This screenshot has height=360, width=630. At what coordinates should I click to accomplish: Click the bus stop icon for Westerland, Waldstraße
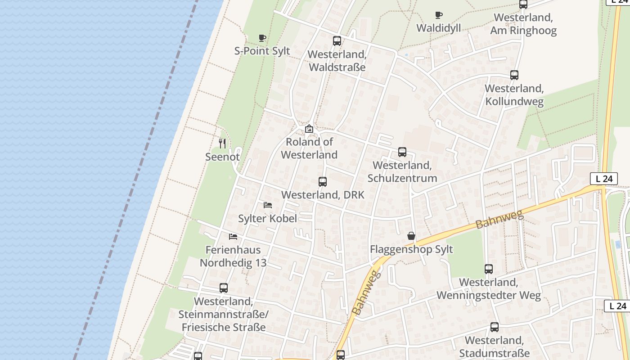point(337,41)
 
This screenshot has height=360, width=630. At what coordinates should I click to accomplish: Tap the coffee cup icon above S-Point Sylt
point(262,38)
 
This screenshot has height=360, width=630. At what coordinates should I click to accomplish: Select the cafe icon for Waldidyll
point(439,15)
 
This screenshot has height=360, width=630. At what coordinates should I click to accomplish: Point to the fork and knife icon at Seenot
point(222,144)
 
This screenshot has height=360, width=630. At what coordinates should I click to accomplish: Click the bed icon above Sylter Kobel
point(268,205)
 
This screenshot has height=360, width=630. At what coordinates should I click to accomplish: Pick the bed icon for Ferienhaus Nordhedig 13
point(233,236)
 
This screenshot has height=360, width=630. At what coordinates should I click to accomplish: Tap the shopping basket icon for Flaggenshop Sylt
point(411,236)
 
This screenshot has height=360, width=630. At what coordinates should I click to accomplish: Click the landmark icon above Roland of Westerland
point(309,129)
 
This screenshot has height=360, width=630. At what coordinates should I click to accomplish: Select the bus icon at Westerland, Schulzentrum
point(402,152)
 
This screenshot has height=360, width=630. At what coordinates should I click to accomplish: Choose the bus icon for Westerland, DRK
point(323,182)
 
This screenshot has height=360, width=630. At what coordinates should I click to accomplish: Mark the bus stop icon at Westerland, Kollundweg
point(514,75)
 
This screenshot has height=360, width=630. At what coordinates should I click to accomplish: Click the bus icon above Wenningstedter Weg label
point(489,269)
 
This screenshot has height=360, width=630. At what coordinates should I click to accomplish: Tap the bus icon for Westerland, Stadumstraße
point(495,327)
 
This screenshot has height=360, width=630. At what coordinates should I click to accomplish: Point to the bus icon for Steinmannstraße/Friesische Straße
point(224,288)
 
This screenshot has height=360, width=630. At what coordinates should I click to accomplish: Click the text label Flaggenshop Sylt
point(411,249)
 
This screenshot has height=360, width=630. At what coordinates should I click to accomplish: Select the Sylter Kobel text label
point(268,219)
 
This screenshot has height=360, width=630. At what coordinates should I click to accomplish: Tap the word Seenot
point(222,157)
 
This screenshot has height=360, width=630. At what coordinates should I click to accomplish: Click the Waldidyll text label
point(439,28)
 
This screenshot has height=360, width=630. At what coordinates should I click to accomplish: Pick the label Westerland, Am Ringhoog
point(523,24)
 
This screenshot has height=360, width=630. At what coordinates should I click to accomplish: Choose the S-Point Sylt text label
point(262,51)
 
